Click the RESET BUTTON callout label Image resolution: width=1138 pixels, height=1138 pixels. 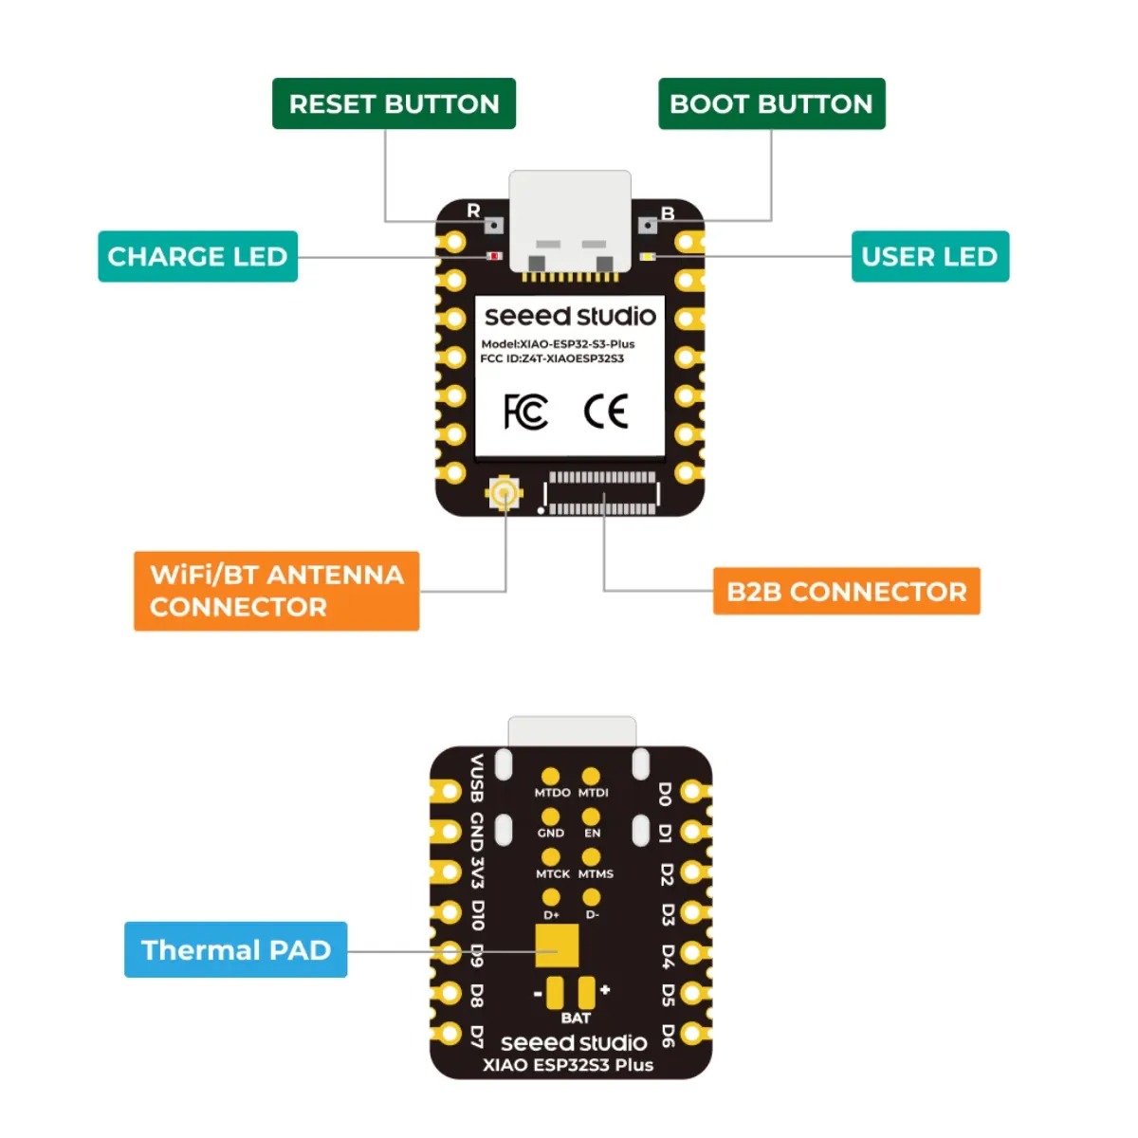click(x=394, y=103)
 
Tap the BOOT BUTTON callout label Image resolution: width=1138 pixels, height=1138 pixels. click(x=771, y=103)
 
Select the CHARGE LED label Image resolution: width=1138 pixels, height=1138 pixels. click(x=197, y=256)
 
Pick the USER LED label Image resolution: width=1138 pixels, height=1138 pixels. click(x=929, y=256)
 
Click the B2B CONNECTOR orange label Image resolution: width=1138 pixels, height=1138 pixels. click(x=846, y=591)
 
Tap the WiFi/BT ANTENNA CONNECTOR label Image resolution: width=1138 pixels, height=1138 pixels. click(x=276, y=591)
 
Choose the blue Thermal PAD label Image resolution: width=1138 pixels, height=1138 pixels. click(x=235, y=949)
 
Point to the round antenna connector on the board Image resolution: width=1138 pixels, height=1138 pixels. click(x=504, y=492)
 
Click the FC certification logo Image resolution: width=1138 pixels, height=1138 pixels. click(x=525, y=412)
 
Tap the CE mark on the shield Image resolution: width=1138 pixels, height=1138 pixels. click(x=605, y=412)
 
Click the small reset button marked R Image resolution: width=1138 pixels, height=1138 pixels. click(x=494, y=225)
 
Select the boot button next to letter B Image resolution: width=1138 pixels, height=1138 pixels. click(x=648, y=225)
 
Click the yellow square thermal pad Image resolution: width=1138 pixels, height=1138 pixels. click(x=557, y=945)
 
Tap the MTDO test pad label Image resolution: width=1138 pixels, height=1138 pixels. click(x=552, y=793)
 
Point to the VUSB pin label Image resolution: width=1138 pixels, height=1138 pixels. click(x=477, y=779)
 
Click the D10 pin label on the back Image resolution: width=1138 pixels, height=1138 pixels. click(x=477, y=915)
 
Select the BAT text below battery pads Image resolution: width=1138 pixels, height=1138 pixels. click(x=576, y=1019)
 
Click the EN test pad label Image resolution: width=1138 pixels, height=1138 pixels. click(x=592, y=834)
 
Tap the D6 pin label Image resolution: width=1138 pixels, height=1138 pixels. click(x=667, y=1036)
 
